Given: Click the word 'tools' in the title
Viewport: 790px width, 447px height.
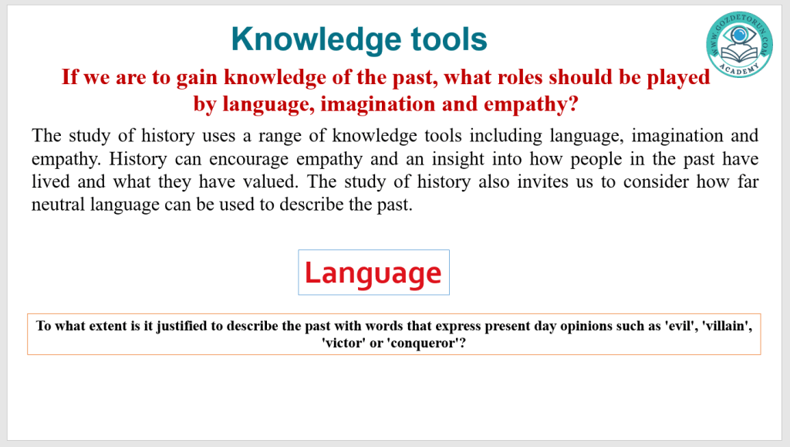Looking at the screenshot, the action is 449,39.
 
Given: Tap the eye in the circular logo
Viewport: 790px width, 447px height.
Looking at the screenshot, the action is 739,36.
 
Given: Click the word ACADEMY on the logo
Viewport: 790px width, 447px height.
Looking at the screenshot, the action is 739,69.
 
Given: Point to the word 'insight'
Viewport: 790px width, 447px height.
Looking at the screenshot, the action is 458,159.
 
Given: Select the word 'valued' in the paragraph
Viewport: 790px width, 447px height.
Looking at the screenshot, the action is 269,181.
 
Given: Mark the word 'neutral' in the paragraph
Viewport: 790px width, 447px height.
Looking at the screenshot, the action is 58,204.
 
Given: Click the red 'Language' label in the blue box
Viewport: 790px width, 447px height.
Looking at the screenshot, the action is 373,273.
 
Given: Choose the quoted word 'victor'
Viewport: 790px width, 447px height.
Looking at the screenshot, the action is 343,344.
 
